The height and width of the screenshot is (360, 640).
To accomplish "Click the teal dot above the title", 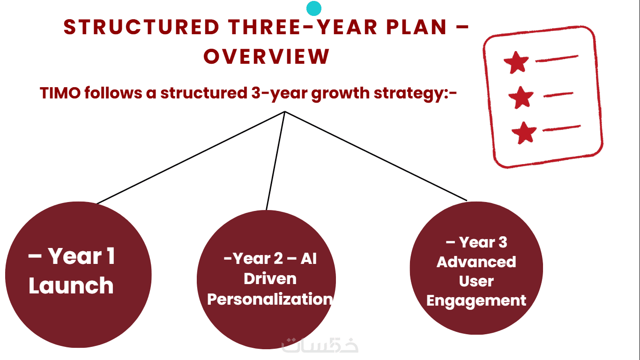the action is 314,8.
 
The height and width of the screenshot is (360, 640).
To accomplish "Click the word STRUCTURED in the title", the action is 141,28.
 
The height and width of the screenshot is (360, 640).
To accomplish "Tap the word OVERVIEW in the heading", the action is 267,57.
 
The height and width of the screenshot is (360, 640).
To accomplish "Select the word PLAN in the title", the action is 417,28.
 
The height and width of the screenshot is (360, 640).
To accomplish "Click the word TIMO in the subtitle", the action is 60,93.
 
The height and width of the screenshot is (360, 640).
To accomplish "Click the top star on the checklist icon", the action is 516,63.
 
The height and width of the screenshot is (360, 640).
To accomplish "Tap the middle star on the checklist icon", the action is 521,97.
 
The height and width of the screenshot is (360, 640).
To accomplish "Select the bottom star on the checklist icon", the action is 524,133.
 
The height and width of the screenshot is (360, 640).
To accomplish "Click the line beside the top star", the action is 557,58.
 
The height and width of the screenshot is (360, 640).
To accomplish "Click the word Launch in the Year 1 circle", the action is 71,285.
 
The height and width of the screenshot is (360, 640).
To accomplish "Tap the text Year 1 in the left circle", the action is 82,256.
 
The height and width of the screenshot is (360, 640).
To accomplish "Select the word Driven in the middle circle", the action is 270,278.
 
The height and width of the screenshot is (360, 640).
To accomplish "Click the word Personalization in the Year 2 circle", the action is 270,300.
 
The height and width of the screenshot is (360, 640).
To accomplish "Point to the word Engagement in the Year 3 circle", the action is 476,301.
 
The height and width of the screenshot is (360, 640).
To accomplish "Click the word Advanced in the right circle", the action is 476,262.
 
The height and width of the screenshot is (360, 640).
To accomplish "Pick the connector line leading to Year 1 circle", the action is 191,157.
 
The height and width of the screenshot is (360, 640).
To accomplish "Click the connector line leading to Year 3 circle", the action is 376,156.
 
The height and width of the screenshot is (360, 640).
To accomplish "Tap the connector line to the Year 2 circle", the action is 275,161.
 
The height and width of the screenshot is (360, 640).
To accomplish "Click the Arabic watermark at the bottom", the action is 320,345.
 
